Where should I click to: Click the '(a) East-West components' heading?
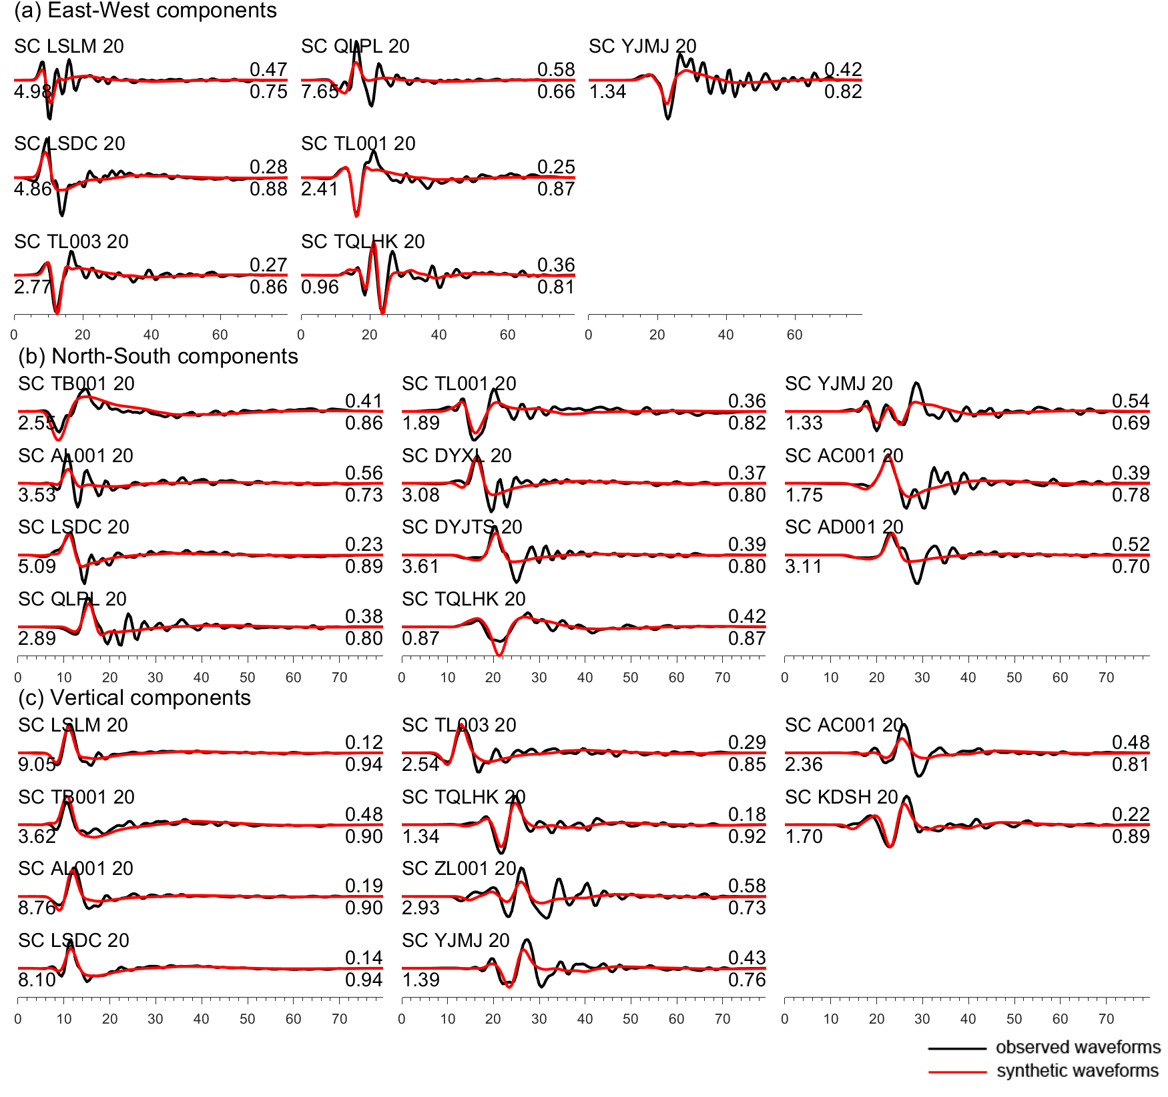pyautogui.click(x=145, y=11)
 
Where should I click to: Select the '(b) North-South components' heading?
pyautogui.click(x=158, y=356)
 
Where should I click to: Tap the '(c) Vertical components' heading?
pyautogui.click(x=134, y=698)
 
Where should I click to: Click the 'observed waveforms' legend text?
pyautogui.click(x=1077, y=1047)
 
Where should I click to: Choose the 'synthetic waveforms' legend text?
pyautogui.click(x=1077, y=1070)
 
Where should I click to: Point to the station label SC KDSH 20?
pyautogui.click(x=841, y=797)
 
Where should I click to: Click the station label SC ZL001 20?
pyautogui.click(x=459, y=868)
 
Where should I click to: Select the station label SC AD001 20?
pyautogui.click(x=844, y=527)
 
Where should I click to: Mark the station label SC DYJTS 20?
pyautogui.click(x=462, y=527)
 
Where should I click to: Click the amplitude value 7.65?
pyautogui.click(x=320, y=92)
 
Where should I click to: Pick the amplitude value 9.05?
pyautogui.click(x=37, y=764)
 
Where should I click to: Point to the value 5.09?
pyautogui.click(x=37, y=566)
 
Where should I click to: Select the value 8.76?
pyautogui.click(x=37, y=908)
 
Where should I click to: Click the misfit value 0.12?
pyautogui.click(x=364, y=742)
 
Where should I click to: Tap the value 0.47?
pyautogui.click(x=268, y=69)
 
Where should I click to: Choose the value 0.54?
pyautogui.click(x=1131, y=401)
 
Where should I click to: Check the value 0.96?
pyautogui.click(x=320, y=287)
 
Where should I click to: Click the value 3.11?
pyautogui.click(x=804, y=566)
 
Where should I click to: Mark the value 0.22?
pyautogui.click(x=1131, y=814)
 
